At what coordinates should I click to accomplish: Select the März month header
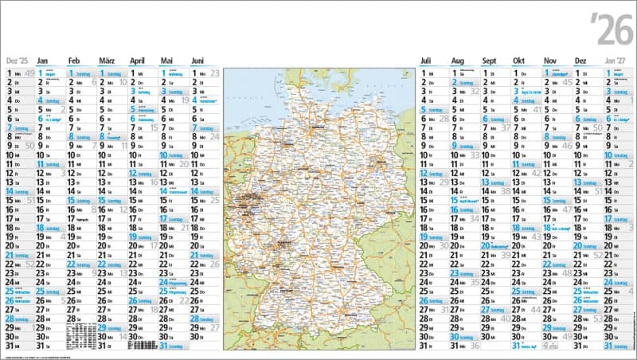(x=106, y=61)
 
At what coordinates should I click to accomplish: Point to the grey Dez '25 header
(x=17, y=61)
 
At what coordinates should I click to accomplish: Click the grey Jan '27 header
(x=616, y=61)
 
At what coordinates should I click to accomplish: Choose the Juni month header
(x=198, y=61)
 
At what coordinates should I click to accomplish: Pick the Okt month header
(x=519, y=61)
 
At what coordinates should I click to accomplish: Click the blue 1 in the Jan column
(x=39, y=73)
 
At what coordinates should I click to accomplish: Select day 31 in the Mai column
(x=164, y=346)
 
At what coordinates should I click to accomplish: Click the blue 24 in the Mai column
(x=164, y=282)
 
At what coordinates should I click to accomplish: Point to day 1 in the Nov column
(x=546, y=73)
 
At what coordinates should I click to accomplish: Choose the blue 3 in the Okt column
(x=516, y=92)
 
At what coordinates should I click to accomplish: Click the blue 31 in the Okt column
(x=516, y=346)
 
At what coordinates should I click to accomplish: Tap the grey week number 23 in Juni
(x=215, y=73)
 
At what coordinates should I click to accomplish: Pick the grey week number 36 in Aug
(x=475, y=346)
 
